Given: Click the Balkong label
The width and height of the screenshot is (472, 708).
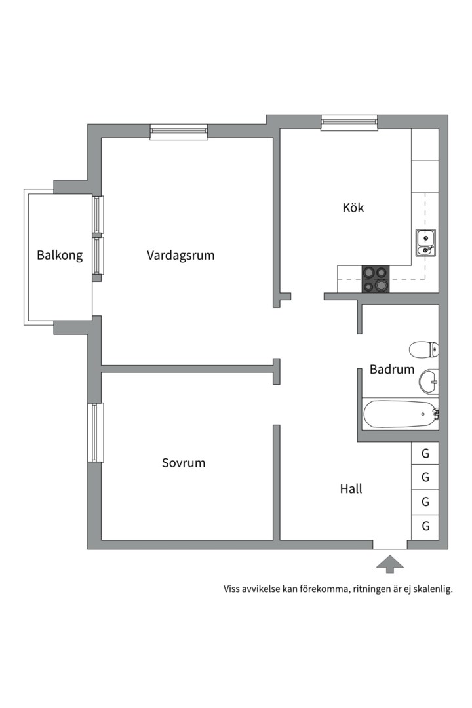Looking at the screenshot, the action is [60, 255].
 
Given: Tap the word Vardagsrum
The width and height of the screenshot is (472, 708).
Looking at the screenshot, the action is [181, 256].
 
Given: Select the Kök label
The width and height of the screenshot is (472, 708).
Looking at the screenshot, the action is [353, 208].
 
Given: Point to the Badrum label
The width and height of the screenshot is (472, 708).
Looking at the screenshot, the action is [392, 369].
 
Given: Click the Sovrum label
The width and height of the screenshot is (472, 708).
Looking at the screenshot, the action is [184, 463].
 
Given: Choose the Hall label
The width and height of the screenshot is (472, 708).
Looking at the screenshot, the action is [351, 488].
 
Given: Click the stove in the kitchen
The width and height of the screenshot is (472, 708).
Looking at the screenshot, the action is [376, 279].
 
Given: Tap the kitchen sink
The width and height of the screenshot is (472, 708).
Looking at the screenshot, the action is [426, 243].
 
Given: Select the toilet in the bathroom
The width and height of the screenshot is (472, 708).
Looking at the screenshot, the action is [423, 349].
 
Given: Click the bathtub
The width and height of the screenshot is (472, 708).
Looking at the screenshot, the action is [400, 414].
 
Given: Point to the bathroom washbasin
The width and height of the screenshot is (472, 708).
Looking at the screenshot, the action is [429, 382].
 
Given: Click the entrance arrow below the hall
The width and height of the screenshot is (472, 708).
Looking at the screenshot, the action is [390, 564].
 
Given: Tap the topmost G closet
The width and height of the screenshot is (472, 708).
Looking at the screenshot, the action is [425, 454].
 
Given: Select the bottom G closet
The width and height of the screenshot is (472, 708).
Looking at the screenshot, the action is [425, 526].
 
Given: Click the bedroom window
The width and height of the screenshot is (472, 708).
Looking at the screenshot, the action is [95, 433].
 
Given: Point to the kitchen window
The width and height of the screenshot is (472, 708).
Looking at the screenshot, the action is [349, 123].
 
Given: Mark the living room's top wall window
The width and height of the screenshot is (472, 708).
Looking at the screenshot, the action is [179, 131].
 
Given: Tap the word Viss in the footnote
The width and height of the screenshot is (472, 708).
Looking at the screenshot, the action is [231, 589].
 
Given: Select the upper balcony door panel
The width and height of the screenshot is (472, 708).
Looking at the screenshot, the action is [98, 214].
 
